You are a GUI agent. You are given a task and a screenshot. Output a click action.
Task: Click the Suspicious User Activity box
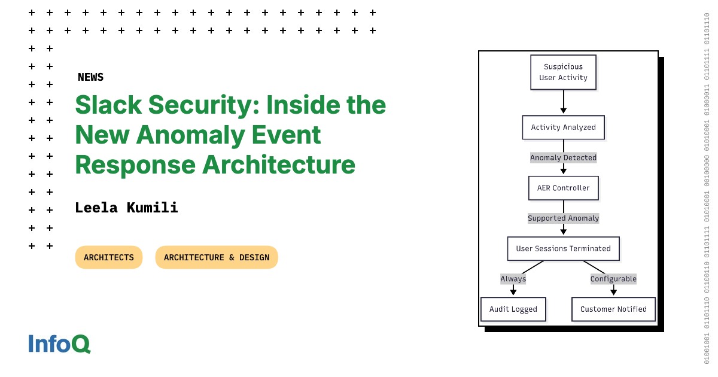pos(563,72)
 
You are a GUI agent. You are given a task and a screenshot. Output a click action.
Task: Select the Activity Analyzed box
pos(563,127)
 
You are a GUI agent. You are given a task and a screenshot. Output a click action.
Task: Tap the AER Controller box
pos(563,188)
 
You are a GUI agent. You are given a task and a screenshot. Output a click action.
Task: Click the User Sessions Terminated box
pos(563,248)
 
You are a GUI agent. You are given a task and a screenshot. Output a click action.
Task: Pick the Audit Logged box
pos(513,309)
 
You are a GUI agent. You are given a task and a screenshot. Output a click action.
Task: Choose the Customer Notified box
pos(613,309)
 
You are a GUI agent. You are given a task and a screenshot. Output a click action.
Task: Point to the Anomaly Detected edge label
pos(563,158)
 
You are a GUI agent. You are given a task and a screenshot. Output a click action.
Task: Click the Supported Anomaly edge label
pos(563,218)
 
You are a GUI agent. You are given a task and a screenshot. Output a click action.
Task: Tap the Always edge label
pos(513,279)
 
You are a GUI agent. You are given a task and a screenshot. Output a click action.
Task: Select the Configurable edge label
pos(613,279)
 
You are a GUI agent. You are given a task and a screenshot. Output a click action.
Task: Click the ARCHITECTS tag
pos(109,257)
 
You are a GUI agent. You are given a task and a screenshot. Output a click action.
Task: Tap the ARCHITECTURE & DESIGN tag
pos(217,257)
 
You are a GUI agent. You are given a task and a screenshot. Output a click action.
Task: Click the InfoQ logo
pos(59,344)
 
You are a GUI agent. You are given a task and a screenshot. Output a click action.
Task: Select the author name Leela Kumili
pos(126,208)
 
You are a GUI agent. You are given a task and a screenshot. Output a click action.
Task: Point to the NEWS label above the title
pos(90,77)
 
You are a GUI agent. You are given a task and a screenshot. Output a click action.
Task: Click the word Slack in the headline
pos(108,105)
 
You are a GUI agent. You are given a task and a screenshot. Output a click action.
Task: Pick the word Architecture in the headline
pos(278,165)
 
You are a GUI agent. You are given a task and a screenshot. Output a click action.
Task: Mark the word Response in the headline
pos(135,165)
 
